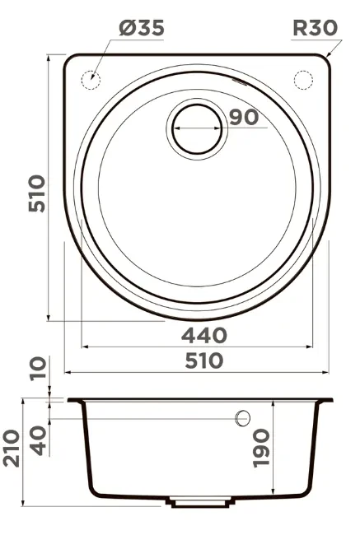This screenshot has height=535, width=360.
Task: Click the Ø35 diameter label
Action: pyautogui.click(x=142, y=28)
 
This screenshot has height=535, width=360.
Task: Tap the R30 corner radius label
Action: pyautogui.click(x=315, y=28)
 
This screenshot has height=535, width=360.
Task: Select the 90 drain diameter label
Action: pyautogui.click(x=244, y=118)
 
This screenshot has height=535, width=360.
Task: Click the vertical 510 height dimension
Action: pyautogui.click(x=36, y=193)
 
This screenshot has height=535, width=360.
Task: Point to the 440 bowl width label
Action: pyautogui.click(x=204, y=335)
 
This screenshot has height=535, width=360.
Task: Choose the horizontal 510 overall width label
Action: pyautogui.click(x=204, y=361)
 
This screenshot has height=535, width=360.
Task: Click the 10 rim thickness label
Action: pyautogui.click(x=38, y=368)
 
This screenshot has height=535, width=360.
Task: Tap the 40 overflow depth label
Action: pyautogui.click(x=38, y=440)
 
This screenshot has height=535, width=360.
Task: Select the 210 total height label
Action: pyautogui.click(x=12, y=448)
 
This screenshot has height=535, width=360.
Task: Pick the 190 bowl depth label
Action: pyautogui.click(x=261, y=448)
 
